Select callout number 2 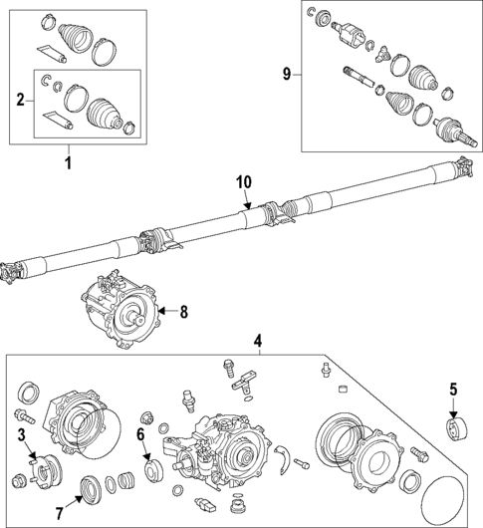click(20, 99)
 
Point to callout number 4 click(257, 342)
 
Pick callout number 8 click(182, 312)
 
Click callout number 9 click(288, 75)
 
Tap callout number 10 click(245, 182)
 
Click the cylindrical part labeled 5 click(456, 429)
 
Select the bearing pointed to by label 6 click(155, 467)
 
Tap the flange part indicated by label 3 click(45, 466)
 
